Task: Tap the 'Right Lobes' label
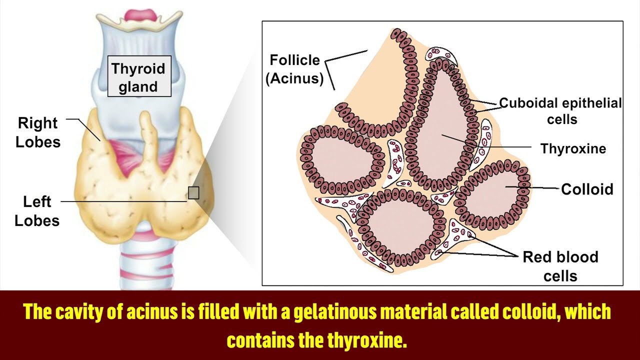[x=38, y=132]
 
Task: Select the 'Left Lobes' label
[x=37, y=211]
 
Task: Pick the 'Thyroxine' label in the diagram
[x=573, y=148]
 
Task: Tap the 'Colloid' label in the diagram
[x=587, y=189]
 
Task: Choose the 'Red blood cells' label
[x=560, y=266]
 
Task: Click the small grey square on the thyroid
[x=193, y=192]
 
